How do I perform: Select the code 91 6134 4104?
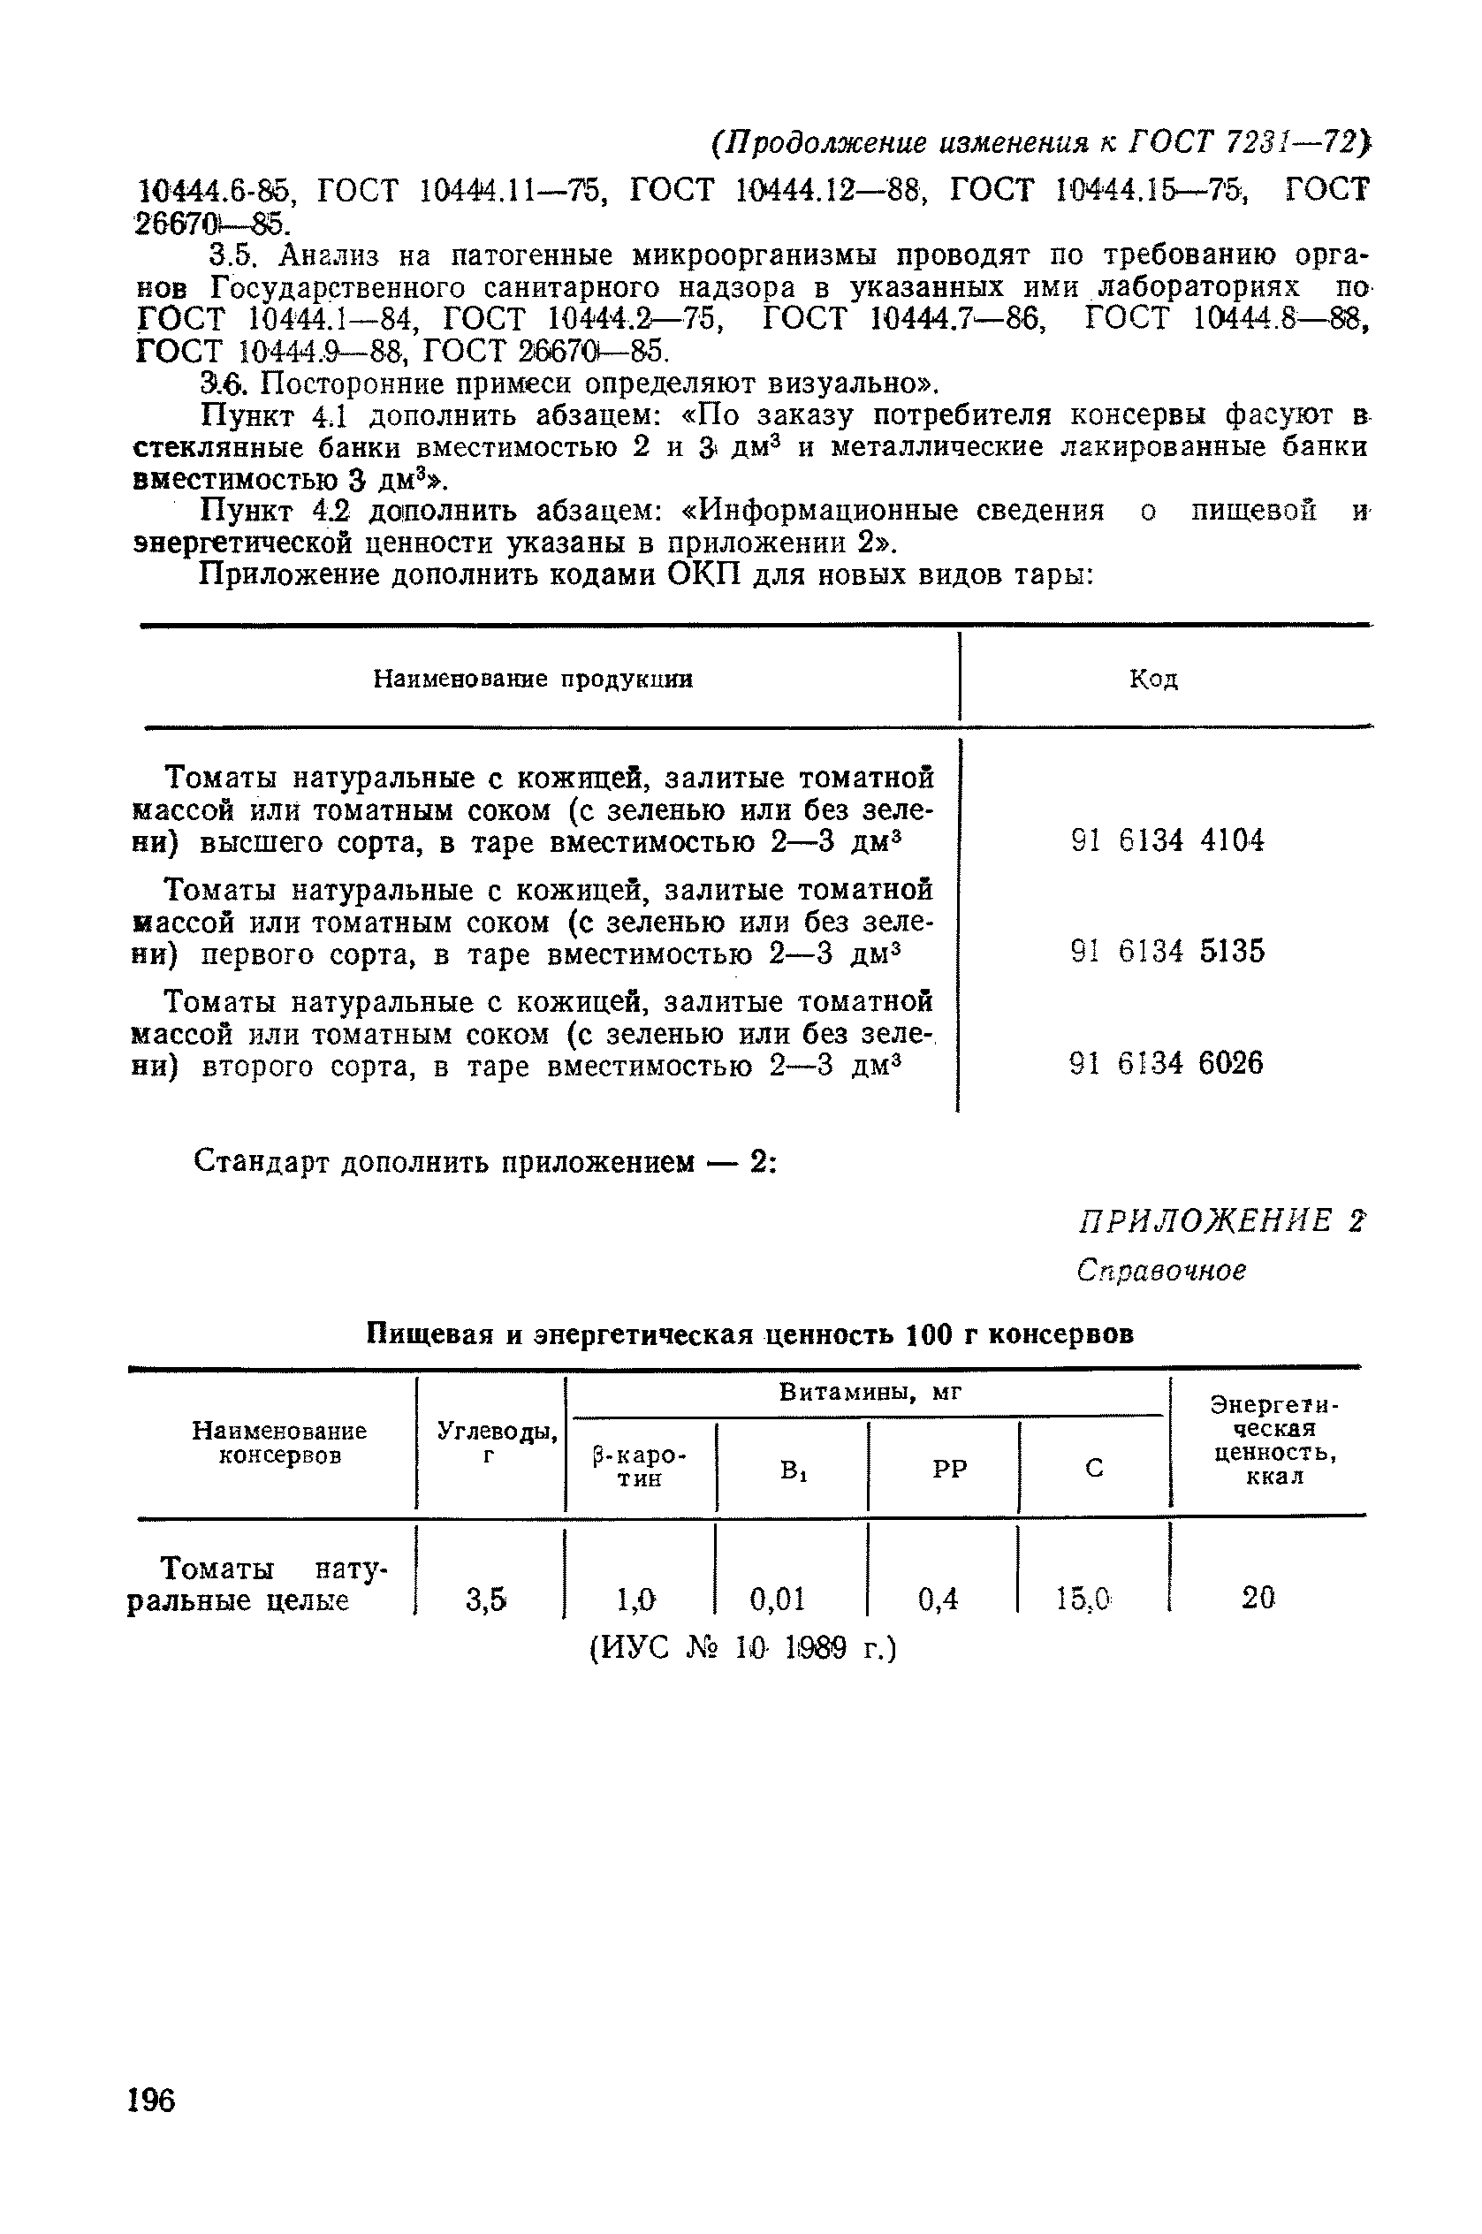[1167, 840]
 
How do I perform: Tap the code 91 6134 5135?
[1167, 951]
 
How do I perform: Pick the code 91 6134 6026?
[1167, 1063]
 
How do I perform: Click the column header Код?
[1153, 679]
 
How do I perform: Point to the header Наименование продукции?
[532, 679]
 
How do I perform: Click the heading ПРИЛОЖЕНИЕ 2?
[1221, 1221]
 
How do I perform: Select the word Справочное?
[1160, 1270]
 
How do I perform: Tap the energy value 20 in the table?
[1258, 1598]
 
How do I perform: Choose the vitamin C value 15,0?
[1084, 1599]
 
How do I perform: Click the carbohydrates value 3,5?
[487, 1599]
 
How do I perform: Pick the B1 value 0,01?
[777, 1599]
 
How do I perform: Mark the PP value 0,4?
[938, 1599]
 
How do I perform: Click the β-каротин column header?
[640, 1468]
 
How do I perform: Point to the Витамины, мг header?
[870, 1392]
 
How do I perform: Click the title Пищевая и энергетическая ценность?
[749, 1334]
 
